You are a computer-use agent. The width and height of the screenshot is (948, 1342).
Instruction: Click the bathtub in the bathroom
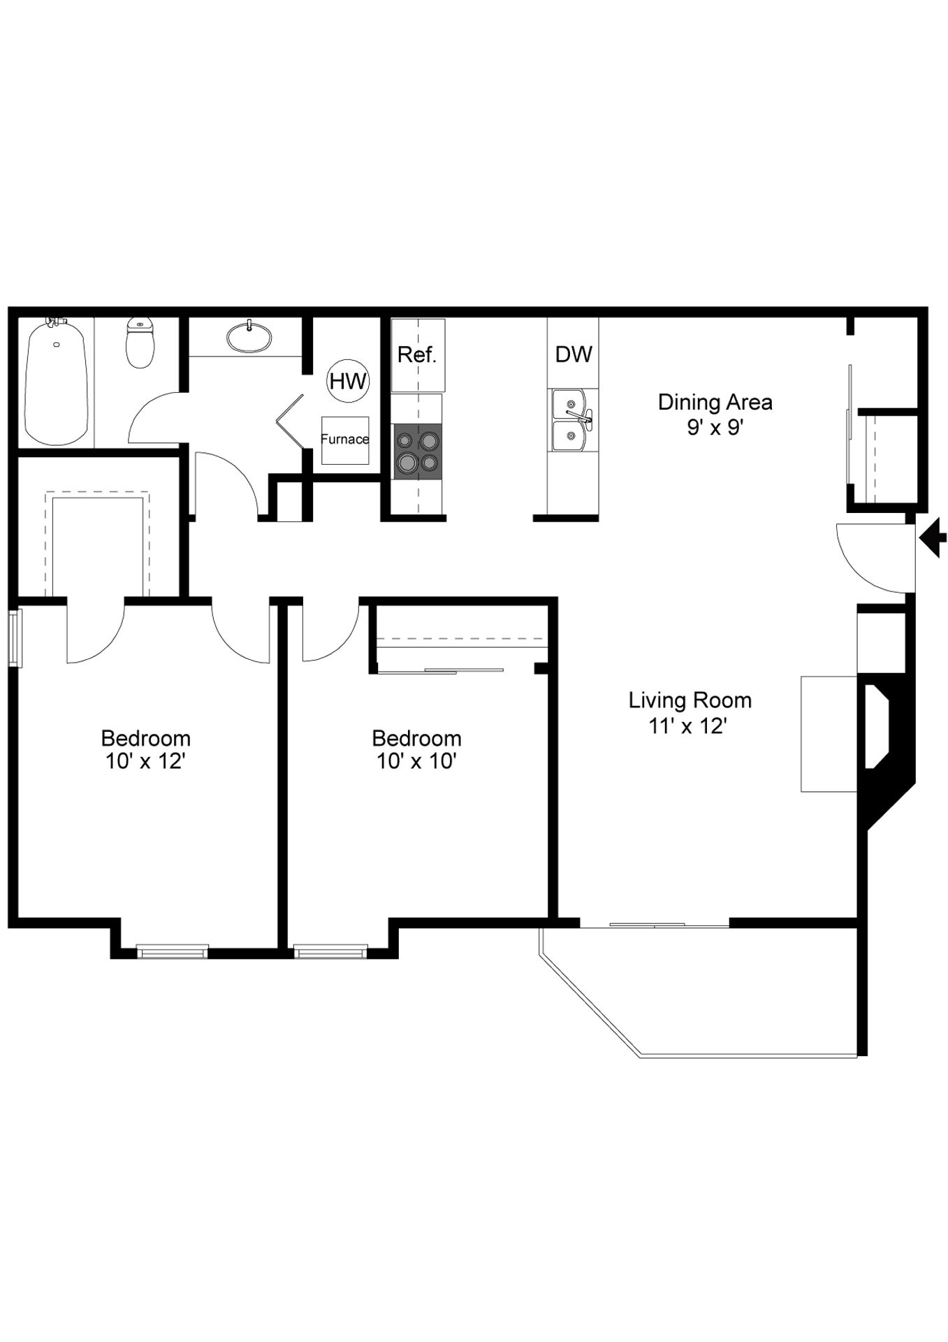[56, 382]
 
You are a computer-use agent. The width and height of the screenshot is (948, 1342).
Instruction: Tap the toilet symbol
[140, 344]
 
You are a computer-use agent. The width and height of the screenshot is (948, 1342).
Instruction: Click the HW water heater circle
[348, 381]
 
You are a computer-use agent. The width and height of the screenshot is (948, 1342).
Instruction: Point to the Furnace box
[345, 440]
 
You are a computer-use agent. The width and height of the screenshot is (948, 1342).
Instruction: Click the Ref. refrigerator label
[417, 355]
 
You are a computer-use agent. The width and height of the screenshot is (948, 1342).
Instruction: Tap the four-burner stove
[418, 451]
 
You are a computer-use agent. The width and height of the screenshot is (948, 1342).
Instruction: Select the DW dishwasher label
[574, 354]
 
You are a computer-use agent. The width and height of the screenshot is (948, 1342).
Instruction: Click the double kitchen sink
[573, 420]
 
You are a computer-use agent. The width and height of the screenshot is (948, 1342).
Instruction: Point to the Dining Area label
[715, 402]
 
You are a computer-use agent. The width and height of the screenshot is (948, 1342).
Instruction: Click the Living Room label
[690, 700]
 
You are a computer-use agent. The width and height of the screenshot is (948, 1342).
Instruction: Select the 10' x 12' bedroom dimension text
[145, 761]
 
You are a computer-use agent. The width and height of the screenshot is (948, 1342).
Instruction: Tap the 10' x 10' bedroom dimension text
[416, 761]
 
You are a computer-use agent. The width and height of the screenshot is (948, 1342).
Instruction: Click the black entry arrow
[933, 537]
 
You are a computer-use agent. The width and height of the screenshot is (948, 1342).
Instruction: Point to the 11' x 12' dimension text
[689, 726]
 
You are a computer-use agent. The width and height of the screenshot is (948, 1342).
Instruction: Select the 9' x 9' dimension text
[715, 427]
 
